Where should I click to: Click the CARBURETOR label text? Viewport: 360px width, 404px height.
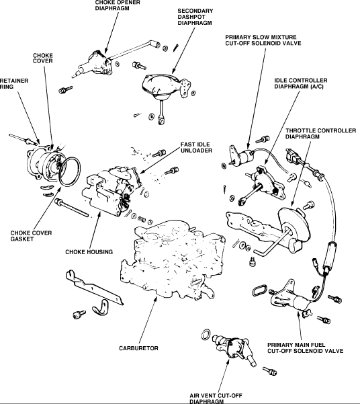click(138, 348)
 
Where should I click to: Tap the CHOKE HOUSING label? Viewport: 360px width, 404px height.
click(89, 252)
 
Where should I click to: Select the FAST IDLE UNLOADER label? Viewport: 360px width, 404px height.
click(196, 147)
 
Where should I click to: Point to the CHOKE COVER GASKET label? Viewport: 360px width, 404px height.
click(31, 236)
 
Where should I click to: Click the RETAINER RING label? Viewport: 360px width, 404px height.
click(14, 84)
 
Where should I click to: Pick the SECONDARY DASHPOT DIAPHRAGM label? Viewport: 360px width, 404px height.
click(195, 17)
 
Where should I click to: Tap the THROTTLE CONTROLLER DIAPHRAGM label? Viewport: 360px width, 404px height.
click(320, 134)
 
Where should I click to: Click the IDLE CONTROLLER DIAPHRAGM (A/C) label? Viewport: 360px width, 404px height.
click(300, 83)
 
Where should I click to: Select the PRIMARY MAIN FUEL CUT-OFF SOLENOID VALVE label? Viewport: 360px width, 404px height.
click(305, 348)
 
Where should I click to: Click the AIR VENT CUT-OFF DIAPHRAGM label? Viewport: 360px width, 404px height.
click(216, 399)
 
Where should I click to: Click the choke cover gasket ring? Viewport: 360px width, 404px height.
click(70, 172)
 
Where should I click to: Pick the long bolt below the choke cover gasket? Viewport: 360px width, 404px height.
click(72, 208)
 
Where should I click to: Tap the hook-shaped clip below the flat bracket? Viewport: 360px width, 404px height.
click(101, 307)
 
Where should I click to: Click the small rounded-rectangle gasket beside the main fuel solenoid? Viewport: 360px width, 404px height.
click(259, 290)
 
